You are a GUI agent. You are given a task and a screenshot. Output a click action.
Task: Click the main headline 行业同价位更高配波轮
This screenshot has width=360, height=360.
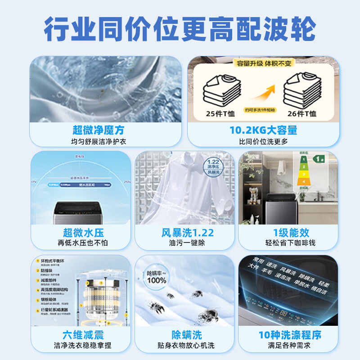180,29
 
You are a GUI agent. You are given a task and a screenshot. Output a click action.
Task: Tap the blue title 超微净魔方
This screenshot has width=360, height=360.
98,130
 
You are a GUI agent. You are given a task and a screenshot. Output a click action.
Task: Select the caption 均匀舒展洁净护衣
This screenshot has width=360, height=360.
98,141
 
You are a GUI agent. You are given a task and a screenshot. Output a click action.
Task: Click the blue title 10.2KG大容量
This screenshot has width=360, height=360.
263,130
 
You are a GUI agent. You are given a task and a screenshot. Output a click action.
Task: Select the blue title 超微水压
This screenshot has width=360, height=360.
83,233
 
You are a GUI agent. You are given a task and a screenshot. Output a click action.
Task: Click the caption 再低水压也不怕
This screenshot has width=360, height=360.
83,243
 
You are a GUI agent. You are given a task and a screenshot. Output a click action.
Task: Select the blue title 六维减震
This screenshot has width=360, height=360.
83,335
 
